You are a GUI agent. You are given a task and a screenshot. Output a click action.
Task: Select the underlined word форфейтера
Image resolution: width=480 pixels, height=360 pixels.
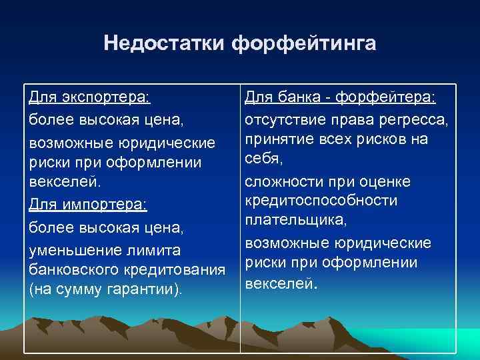coord(385,99)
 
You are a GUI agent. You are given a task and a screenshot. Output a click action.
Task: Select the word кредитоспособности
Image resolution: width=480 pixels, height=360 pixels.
coord(321,201)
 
